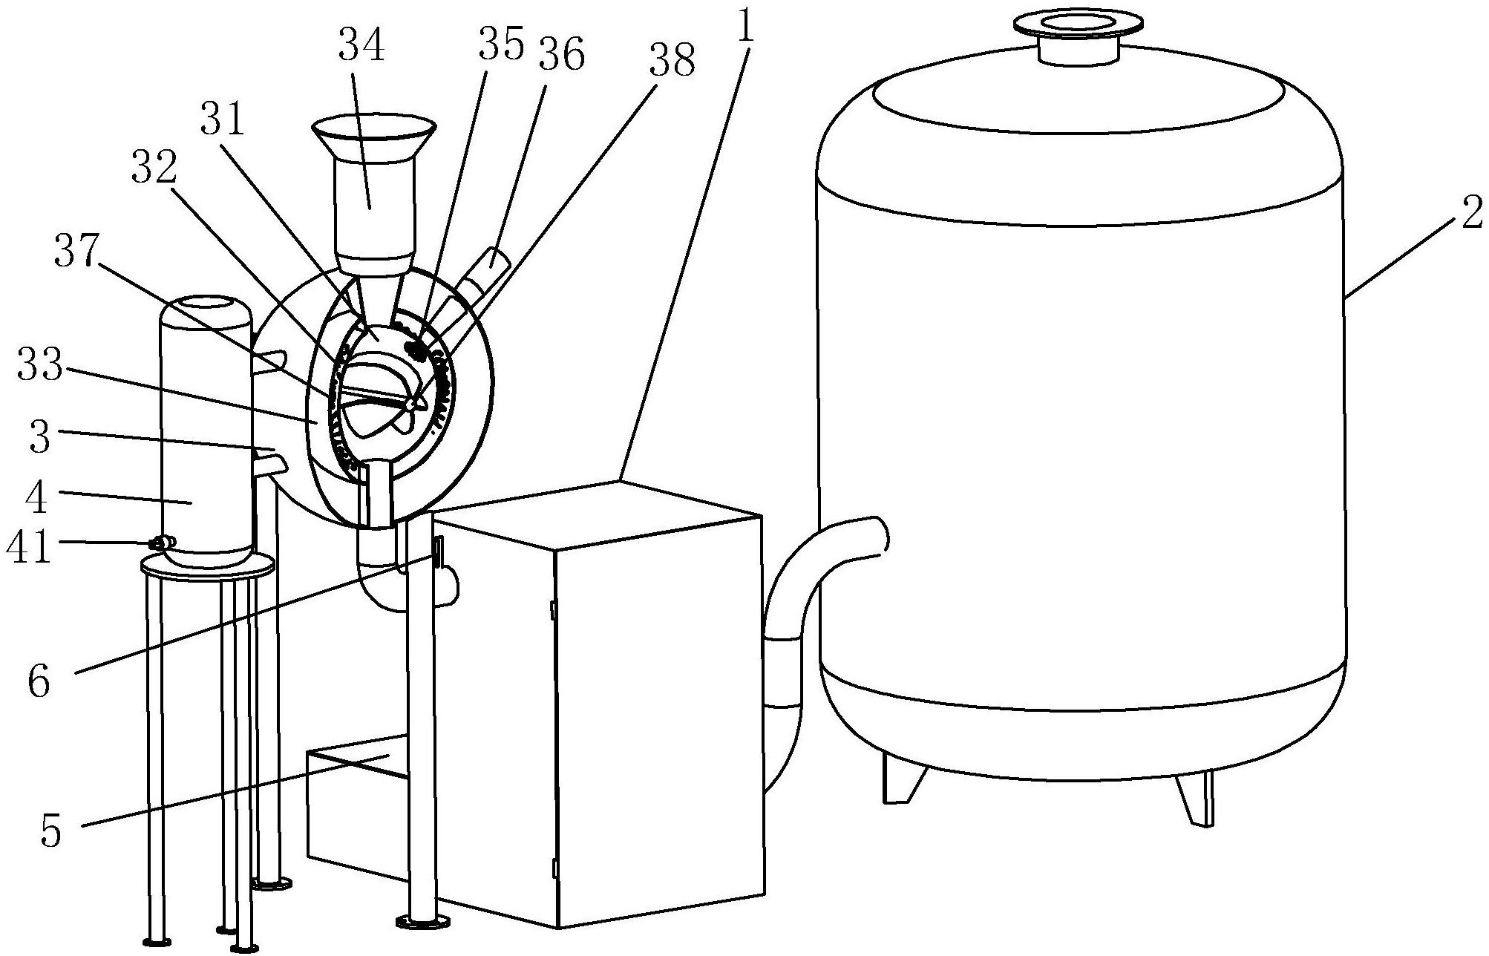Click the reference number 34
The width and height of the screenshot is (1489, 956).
[362, 46]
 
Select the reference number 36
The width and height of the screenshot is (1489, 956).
[561, 55]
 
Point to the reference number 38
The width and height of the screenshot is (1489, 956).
[672, 60]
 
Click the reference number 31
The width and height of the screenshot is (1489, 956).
[222, 119]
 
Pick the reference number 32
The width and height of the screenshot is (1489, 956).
[155, 168]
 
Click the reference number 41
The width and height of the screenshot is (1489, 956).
[28, 549]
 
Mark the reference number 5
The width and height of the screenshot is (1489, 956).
[50, 832]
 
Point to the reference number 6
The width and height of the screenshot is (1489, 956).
[39, 681]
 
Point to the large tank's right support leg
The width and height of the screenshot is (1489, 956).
[1195, 798]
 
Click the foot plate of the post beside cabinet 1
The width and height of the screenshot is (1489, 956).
[423, 922]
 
